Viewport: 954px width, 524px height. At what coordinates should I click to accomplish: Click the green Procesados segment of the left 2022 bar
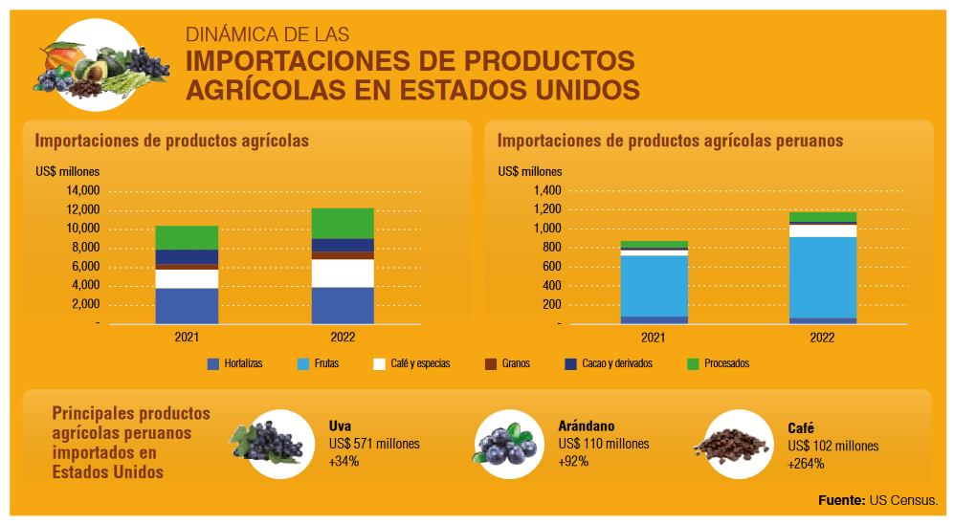click(x=343, y=223)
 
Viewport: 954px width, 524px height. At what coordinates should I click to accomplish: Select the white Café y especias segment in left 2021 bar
click(x=187, y=278)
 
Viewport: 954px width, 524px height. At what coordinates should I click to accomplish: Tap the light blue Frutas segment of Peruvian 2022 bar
click(x=822, y=276)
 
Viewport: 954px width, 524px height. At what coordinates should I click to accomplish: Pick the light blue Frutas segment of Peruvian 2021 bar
click(x=654, y=285)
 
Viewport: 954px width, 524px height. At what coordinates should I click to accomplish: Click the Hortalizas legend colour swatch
click(x=213, y=364)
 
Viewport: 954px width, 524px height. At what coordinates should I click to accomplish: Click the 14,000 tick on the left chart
click(x=82, y=190)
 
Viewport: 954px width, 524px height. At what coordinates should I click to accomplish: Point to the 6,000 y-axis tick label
click(x=86, y=267)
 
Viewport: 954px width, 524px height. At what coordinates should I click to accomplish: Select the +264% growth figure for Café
click(x=806, y=464)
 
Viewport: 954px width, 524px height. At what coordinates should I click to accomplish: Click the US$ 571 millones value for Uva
click(x=374, y=445)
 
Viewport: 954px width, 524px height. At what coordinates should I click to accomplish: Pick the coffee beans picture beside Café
click(x=734, y=444)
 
